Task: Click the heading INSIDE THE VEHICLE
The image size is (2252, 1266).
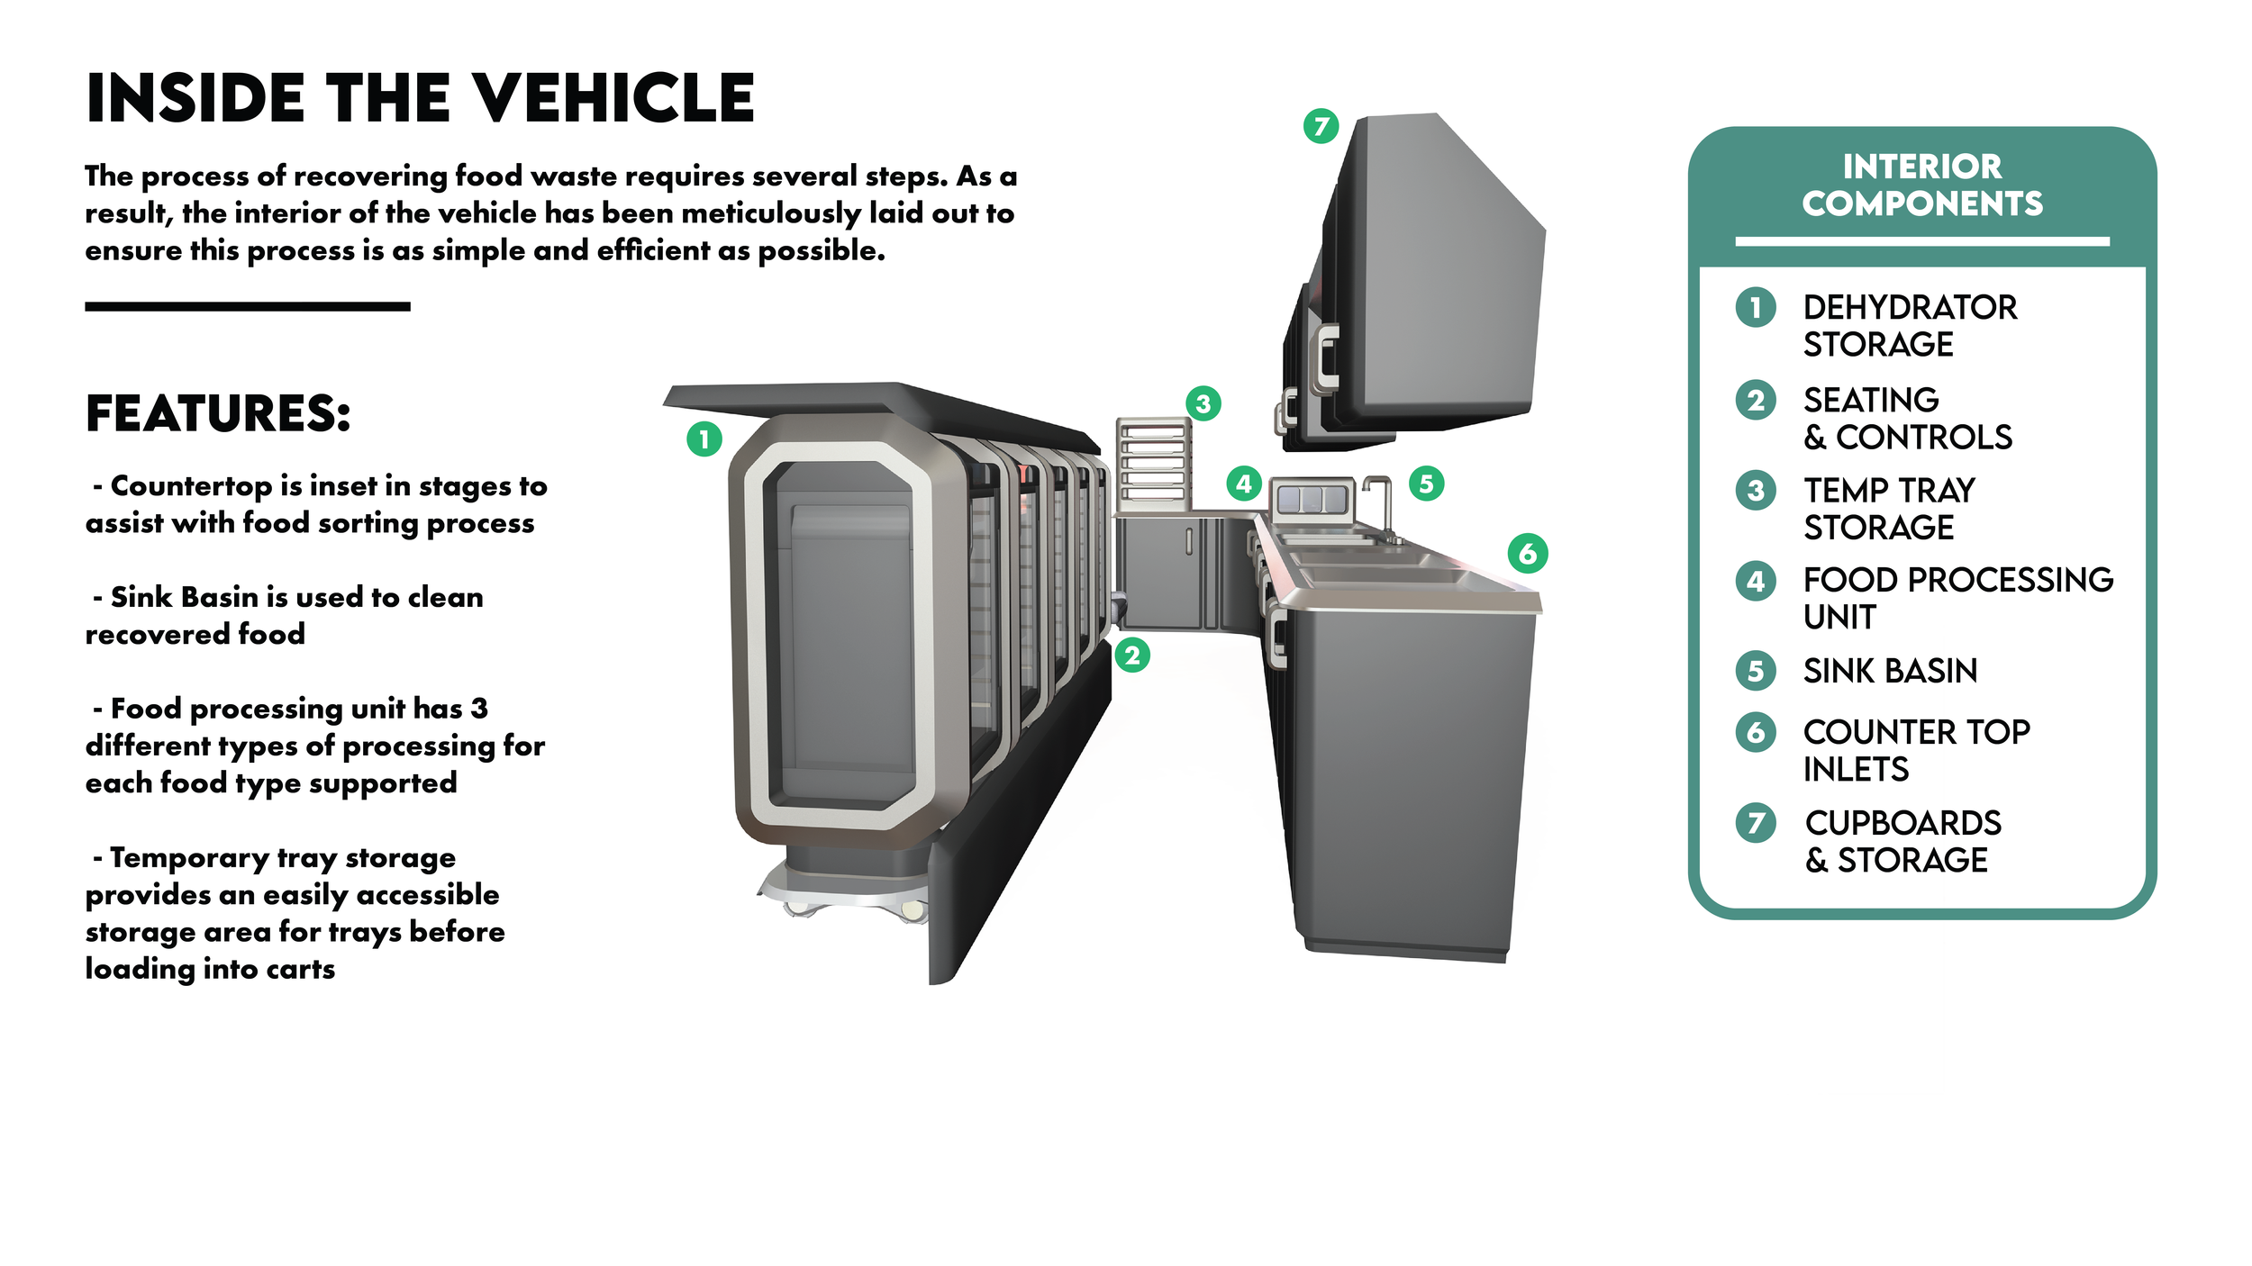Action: pos(420,98)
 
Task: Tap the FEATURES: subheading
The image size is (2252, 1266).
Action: pos(218,414)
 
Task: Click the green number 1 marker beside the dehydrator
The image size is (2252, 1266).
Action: pos(704,439)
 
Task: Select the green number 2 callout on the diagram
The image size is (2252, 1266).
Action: pos(1132,655)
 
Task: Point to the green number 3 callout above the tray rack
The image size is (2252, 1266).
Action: pos(1203,403)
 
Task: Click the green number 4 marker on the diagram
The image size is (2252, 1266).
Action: pos(1244,484)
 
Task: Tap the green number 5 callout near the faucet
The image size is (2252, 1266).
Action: pos(1426,484)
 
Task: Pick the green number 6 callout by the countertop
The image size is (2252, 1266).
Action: pos(1528,553)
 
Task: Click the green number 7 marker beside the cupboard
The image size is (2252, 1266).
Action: pos(1321,126)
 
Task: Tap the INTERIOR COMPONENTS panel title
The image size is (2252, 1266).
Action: pos(1921,185)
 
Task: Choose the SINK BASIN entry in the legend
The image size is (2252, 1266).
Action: pos(1890,671)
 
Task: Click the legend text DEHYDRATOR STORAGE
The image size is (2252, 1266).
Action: pos(1910,326)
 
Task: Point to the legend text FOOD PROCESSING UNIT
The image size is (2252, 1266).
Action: pos(1957,598)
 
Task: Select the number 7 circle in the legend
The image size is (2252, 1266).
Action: pos(1756,823)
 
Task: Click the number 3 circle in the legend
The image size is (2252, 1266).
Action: pos(1756,491)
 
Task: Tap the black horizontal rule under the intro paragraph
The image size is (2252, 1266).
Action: pos(248,307)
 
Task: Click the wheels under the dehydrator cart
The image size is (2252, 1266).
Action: pos(847,905)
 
